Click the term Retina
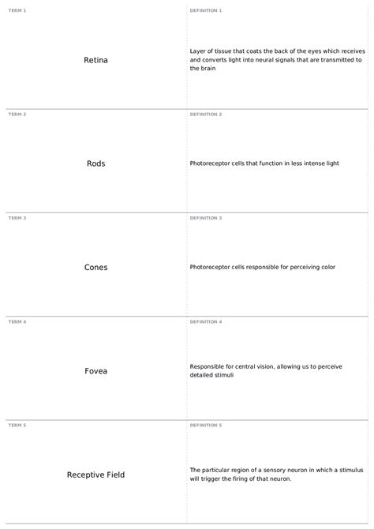click(x=95, y=60)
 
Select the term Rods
click(x=95, y=163)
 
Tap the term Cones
click(x=95, y=267)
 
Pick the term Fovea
click(x=95, y=371)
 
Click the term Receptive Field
click(x=95, y=475)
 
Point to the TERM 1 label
click(x=17, y=10)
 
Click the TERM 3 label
click(x=17, y=218)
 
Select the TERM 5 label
click(x=17, y=426)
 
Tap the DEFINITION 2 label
click(x=206, y=114)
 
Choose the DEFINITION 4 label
click(x=206, y=322)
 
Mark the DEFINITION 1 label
click(x=206, y=10)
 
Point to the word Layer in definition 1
click(x=198, y=51)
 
